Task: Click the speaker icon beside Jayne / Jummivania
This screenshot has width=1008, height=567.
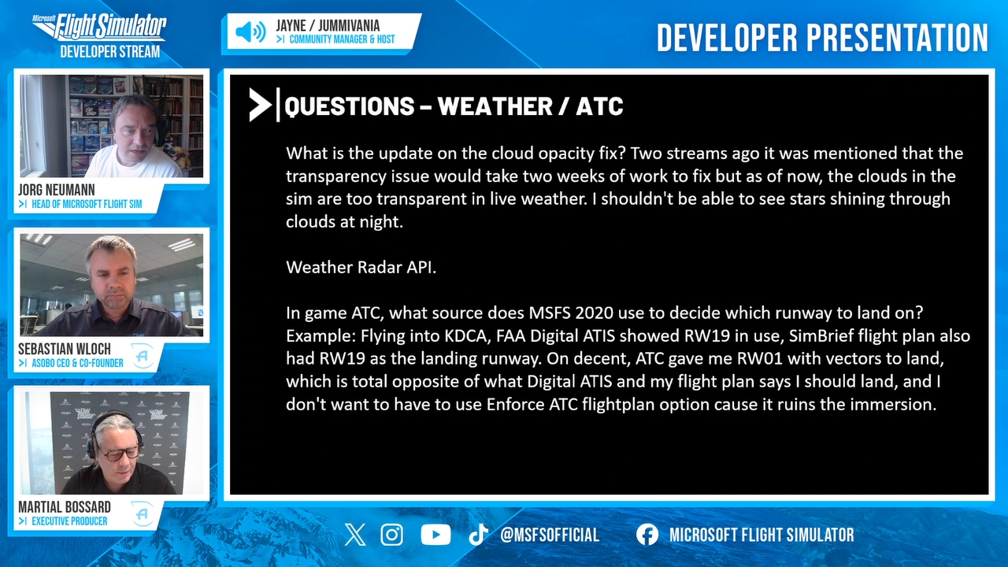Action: pyautogui.click(x=250, y=32)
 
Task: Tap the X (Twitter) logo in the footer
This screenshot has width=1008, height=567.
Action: pyautogui.click(x=355, y=535)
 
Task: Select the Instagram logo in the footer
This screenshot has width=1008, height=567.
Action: pyautogui.click(x=392, y=535)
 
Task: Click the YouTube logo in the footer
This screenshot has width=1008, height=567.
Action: pyautogui.click(x=435, y=535)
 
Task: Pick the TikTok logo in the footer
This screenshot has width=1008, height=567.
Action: pyautogui.click(x=478, y=535)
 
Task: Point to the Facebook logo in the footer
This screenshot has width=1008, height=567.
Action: pyautogui.click(x=647, y=535)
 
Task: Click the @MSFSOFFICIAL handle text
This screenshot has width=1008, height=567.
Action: pyautogui.click(x=550, y=535)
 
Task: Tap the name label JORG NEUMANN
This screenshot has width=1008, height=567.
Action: pyautogui.click(x=57, y=190)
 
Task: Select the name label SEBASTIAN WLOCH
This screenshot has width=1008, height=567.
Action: pyautogui.click(x=65, y=349)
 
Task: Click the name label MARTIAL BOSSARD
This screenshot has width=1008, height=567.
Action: pyautogui.click(x=65, y=507)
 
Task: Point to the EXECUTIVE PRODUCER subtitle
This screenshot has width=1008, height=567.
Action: pyautogui.click(x=69, y=521)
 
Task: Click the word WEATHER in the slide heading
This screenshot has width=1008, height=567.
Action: pyautogui.click(x=495, y=106)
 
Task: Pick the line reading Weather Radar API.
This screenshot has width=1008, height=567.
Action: pyautogui.click(x=361, y=267)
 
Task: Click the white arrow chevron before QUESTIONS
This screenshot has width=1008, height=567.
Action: pyautogui.click(x=260, y=105)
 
